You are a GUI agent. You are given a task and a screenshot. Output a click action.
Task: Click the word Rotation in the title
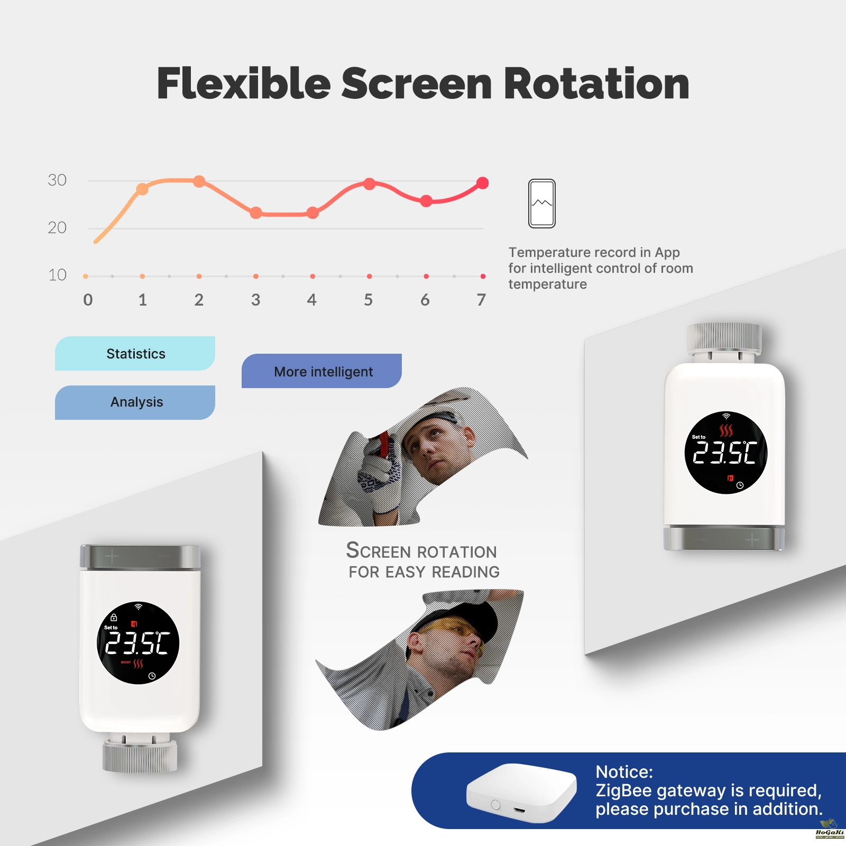[596, 84]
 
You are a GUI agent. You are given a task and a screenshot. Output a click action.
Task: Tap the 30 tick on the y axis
[57, 180]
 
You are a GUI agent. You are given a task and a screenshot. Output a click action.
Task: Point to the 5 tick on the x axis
[369, 300]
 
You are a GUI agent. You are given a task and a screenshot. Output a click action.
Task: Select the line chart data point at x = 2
[199, 181]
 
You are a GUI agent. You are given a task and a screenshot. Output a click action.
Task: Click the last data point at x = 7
[482, 183]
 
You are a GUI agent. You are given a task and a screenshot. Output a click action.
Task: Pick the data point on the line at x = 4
[312, 213]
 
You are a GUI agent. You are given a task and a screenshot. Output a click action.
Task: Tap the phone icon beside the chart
[542, 204]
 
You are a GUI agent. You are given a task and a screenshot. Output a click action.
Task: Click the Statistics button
[135, 353]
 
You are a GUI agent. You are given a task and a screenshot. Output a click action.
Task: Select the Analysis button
[135, 402]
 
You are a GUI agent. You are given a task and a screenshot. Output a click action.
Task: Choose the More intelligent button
[321, 371]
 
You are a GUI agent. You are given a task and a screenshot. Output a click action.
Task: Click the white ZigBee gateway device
[521, 792]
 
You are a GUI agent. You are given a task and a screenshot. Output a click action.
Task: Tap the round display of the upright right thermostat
[725, 453]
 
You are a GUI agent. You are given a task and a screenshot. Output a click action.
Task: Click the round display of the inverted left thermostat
[138, 643]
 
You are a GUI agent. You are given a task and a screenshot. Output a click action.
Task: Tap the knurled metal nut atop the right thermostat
[724, 338]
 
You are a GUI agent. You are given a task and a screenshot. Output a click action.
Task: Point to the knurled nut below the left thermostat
[140, 756]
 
